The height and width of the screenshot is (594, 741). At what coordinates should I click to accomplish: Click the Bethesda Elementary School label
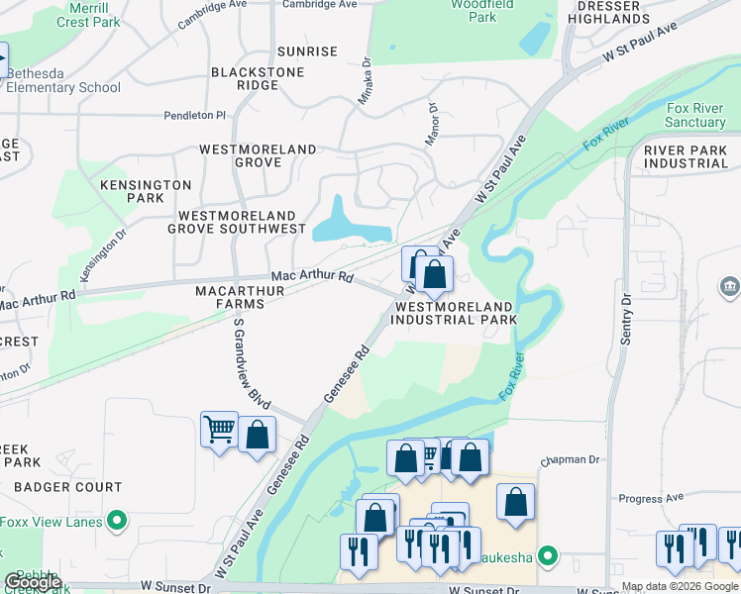pyautogui.click(x=64, y=80)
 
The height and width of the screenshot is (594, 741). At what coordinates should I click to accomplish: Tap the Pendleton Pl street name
pyautogui.click(x=195, y=116)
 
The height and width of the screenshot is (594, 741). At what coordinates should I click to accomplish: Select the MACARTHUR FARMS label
pyautogui.click(x=240, y=297)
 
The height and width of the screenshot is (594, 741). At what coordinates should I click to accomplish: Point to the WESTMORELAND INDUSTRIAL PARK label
pyautogui.click(x=456, y=314)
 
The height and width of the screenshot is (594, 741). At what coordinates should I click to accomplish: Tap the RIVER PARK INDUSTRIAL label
pyautogui.click(x=685, y=156)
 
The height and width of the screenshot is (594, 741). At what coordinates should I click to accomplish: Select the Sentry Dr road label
pyautogui.click(x=626, y=319)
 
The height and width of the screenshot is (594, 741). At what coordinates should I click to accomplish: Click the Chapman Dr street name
pyautogui.click(x=571, y=460)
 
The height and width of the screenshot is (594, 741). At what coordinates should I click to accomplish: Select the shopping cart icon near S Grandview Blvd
pyautogui.click(x=219, y=430)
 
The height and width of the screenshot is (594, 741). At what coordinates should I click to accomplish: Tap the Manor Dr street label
pyautogui.click(x=432, y=125)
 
